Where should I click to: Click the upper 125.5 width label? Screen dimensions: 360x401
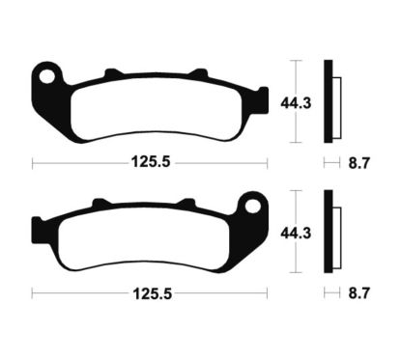pos(151,163)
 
